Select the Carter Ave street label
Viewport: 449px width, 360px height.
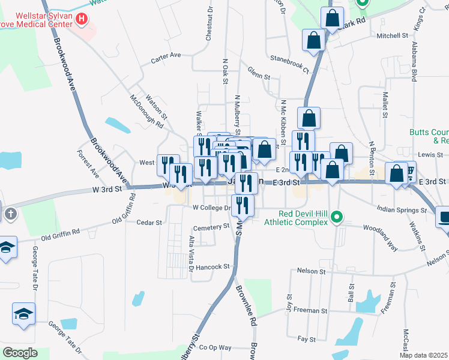point(166,56)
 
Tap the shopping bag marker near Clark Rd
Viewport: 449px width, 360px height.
point(331,20)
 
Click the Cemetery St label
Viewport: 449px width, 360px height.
point(211,227)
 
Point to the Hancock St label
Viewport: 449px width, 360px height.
point(212,266)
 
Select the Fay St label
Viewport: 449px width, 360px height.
point(306,339)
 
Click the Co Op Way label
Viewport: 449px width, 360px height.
point(215,347)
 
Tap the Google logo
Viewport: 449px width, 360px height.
point(20,352)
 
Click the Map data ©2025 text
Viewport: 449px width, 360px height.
point(423,355)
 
